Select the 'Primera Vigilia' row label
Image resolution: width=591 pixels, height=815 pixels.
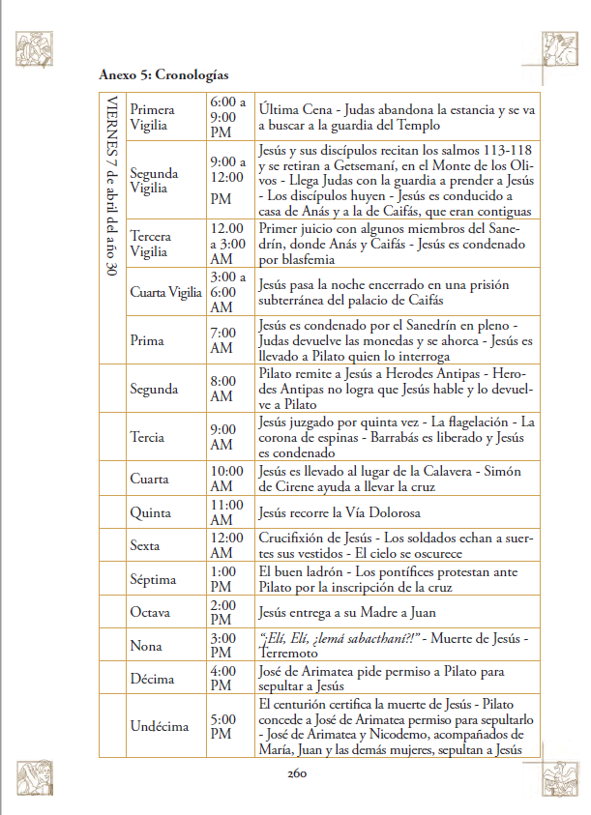(x=154, y=117)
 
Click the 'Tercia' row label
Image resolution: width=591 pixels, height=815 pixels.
(x=148, y=437)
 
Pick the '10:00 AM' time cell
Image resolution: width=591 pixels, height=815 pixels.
(x=226, y=479)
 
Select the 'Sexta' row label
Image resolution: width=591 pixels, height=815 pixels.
(x=145, y=545)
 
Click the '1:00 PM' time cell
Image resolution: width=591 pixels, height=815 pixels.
(x=222, y=578)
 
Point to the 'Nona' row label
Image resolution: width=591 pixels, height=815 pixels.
(x=145, y=645)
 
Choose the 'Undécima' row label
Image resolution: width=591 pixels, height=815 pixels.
(x=160, y=726)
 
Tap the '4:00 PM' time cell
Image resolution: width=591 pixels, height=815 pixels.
(x=222, y=678)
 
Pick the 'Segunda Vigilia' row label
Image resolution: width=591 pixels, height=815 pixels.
(x=154, y=181)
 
